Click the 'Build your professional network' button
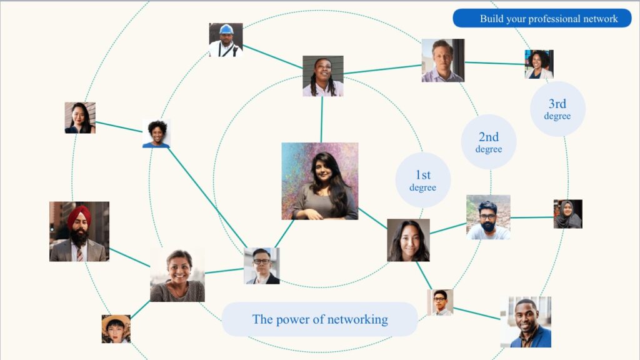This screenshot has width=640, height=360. [x=542, y=18]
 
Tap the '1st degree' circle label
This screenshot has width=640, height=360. [x=423, y=180]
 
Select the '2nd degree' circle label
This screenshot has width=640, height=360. [x=489, y=142]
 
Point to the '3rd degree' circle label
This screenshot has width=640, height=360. [x=557, y=109]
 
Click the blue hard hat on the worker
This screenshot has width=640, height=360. [x=226, y=29]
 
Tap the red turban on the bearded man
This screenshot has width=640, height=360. [x=79, y=216]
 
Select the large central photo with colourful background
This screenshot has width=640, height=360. [x=320, y=181]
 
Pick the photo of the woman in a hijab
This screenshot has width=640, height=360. [x=567, y=214]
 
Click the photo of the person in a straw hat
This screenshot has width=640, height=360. [x=116, y=329]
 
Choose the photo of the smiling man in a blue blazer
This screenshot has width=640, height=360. [x=526, y=322]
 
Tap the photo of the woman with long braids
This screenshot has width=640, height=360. [x=323, y=76]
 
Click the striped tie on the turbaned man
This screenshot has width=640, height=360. [x=79, y=254]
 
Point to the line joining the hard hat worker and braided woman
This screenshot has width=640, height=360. [x=272, y=57]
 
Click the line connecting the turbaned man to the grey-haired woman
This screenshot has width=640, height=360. [x=130, y=257]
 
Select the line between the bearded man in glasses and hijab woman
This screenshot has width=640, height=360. [x=532, y=217]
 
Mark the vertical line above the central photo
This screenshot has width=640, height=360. [x=322, y=119]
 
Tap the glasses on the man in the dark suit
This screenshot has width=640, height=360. [x=261, y=262]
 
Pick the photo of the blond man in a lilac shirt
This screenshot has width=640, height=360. [x=443, y=61]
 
